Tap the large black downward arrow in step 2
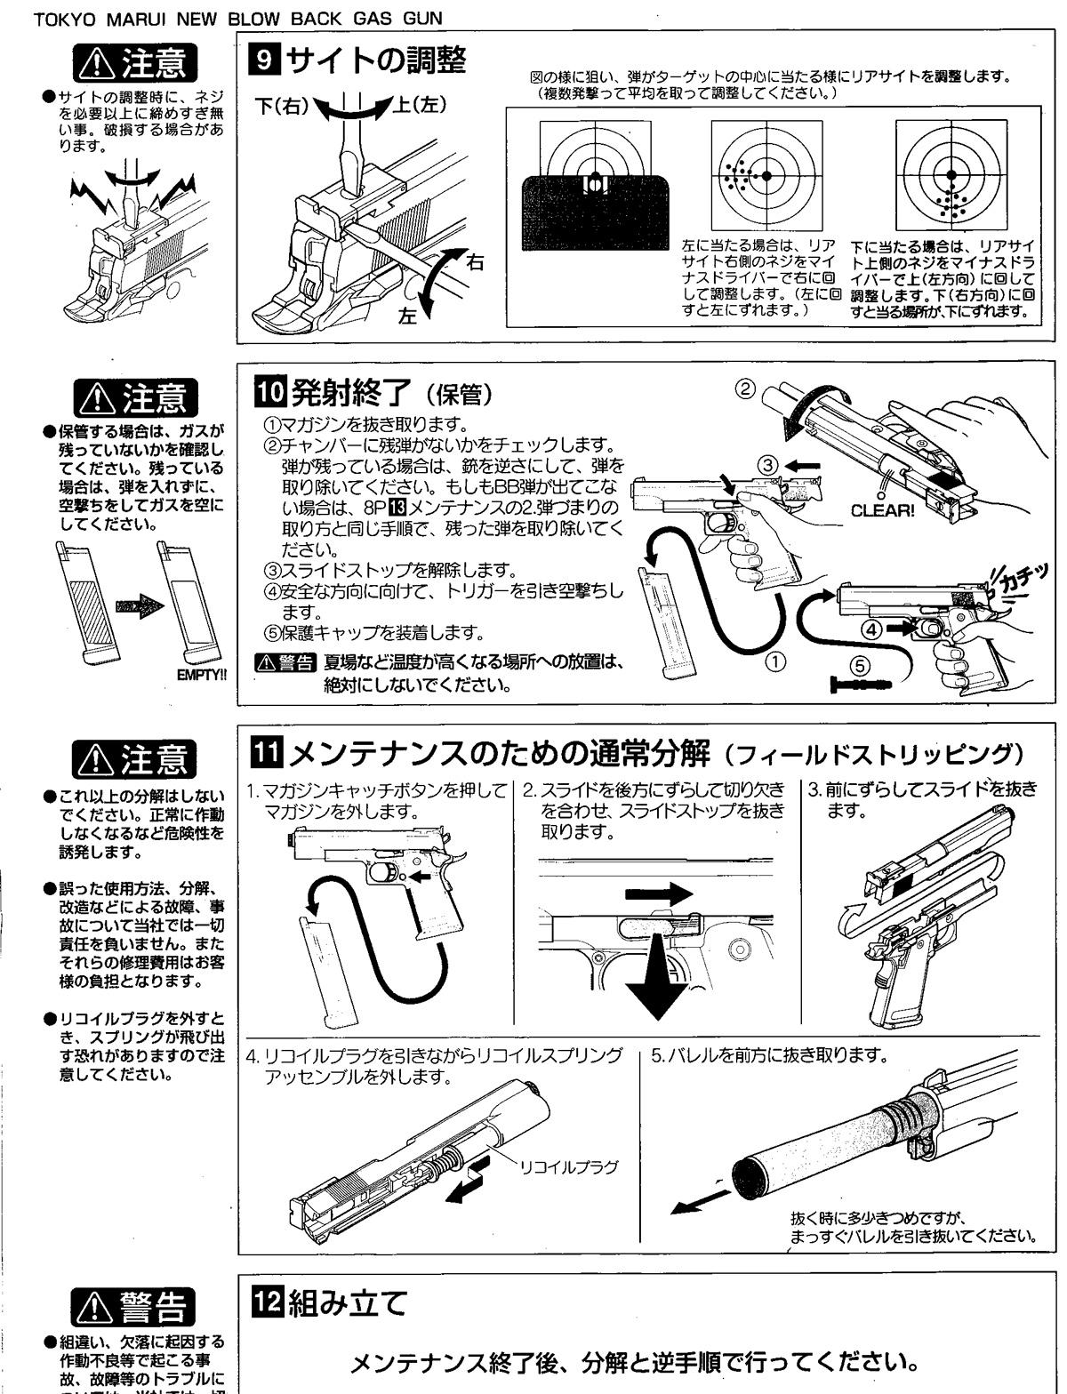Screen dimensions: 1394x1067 tap(659, 978)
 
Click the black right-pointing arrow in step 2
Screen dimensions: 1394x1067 tap(659, 892)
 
